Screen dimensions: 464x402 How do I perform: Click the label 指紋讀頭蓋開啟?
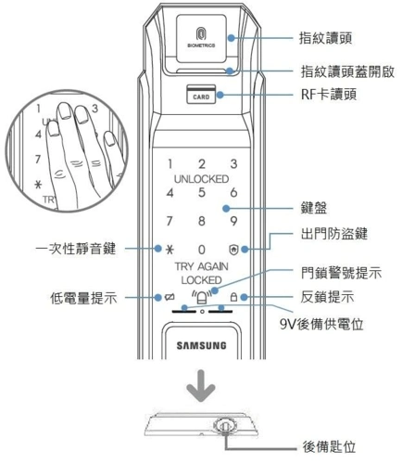[348, 71]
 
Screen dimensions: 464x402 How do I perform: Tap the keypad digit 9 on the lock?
[233, 222]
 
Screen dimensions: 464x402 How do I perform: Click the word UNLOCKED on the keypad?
[200, 178]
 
